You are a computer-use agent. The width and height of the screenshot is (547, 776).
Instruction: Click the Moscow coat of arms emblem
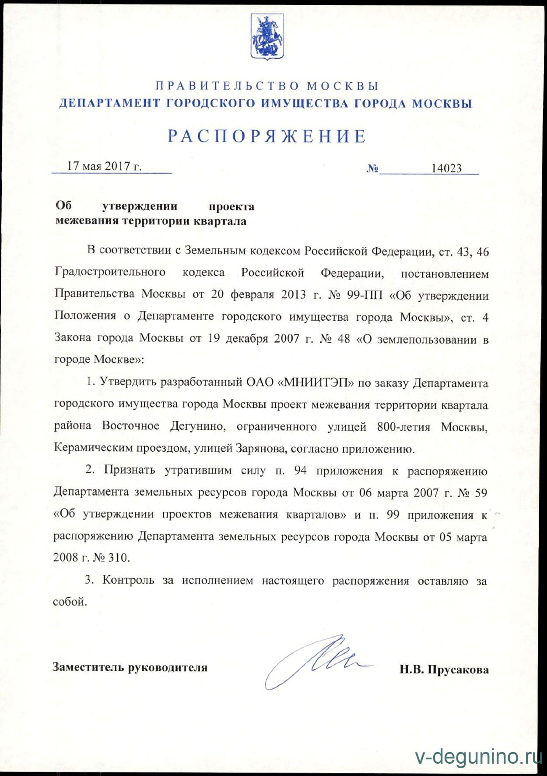coord(267,37)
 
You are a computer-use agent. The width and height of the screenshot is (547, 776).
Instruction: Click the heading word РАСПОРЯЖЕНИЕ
coord(267,136)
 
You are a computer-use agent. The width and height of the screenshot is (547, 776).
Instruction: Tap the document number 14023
coord(446,169)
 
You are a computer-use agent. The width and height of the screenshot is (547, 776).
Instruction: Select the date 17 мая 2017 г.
coord(104,167)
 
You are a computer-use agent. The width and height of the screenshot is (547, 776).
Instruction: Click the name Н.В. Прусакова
coord(444,670)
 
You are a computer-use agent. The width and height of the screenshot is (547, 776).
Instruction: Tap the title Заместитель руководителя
coord(130,667)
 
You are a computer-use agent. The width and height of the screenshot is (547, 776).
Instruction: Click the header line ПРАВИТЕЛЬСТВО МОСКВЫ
coord(267,85)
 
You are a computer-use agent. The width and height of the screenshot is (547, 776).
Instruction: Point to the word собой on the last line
coord(70,602)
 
